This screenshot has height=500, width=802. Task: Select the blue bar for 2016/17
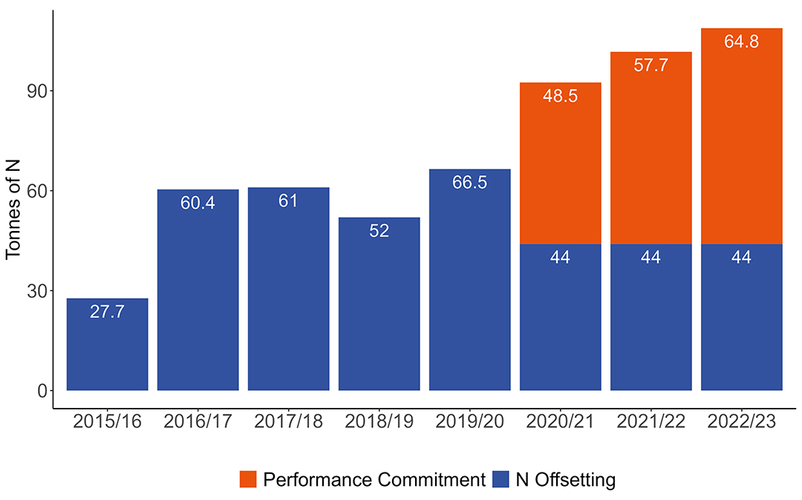click(x=198, y=297)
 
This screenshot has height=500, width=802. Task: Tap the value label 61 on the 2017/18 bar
click(x=288, y=201)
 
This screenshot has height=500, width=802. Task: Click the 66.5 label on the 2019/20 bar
click(x=469, y=182)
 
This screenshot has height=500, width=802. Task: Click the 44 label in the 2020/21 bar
click(x=560, y=258)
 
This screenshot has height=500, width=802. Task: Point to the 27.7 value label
click(x=107, y=312)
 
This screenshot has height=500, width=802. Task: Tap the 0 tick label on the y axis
click(x=42, y=390)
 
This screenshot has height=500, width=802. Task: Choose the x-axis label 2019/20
click(x=469, y=421)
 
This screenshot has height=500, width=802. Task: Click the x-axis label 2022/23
click(x=741, y=421)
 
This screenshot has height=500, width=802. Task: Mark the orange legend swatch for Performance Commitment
click(x=248, y=480)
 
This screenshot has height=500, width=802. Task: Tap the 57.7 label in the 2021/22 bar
click(x=651, y=65)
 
